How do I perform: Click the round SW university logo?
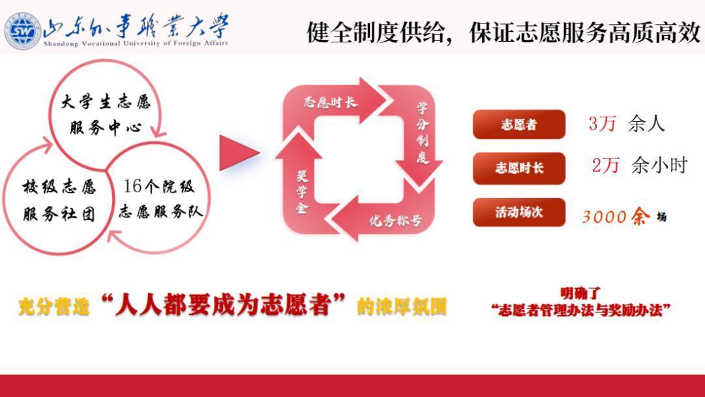pos(22,31)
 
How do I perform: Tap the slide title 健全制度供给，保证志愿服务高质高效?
pos(503,33)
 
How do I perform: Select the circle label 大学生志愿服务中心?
pos(106,115)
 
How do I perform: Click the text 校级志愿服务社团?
pos(59,200)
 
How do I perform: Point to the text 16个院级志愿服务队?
pos(161,198)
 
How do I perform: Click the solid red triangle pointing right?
pos(238,153)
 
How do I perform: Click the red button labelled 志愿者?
pos(519,124)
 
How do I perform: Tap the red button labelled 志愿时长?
pos(519,168)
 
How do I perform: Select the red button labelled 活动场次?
pos(519,213)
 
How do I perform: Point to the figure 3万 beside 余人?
pos(602,124)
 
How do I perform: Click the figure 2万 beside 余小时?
pos(605,166)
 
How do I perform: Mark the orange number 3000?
pos(605,217)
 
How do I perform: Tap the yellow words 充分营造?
pos(53,307)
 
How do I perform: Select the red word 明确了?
pos(580,293)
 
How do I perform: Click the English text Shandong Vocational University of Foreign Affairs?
pos(136,44)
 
